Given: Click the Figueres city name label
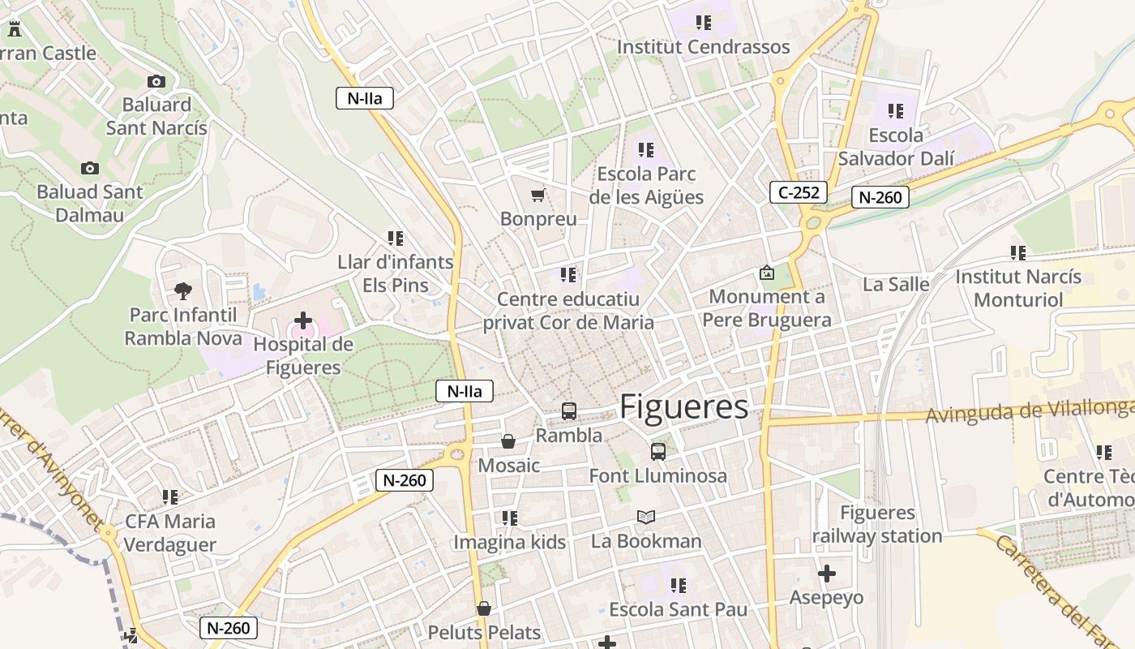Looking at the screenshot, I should coord(683,407).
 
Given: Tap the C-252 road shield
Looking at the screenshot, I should coord(798,192).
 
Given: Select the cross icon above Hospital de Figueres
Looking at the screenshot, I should coord(302,320).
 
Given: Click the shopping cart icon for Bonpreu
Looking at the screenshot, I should coord(538,195).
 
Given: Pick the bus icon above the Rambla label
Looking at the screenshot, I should coord(569,411).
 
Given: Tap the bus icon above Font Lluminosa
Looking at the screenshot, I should coord(657,452).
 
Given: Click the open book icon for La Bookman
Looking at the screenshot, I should coord(645,517).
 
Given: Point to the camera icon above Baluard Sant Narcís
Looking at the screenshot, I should coord(156,81).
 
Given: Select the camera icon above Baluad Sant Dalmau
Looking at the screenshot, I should coord(89,168).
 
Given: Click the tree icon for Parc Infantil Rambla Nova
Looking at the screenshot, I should coord(183,290).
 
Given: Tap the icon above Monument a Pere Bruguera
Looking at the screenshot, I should coord(766,273).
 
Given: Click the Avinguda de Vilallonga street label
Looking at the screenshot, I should coord(1030,412).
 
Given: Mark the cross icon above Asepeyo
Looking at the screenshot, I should coord(826,574).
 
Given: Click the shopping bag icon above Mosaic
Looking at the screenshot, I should coord(508,441).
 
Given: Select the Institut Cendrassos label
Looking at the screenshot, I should coord(703,47).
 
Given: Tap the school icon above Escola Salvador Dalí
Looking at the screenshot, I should coord(895,111).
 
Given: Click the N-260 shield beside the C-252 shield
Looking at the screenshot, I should coord(880,197).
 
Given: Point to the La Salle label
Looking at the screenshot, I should coord(896,284).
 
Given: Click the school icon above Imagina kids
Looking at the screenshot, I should coord(509,518).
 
